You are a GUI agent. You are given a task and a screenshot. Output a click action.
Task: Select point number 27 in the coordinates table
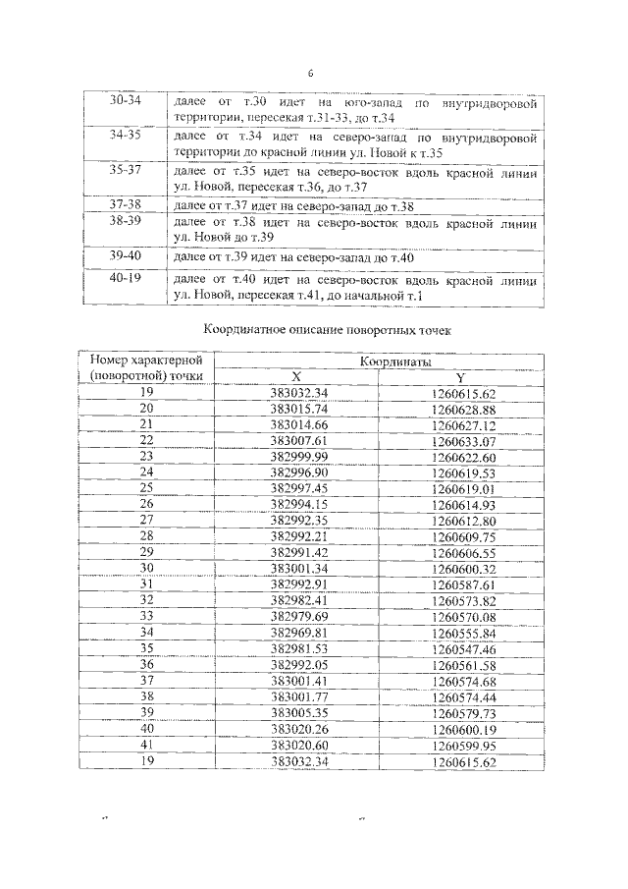[x=146, y=519]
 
